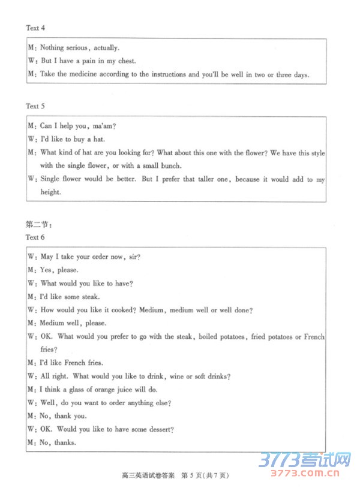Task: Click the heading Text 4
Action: pyautogui.click(x=35, y=28)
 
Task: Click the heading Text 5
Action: pyautogui.click(x=35, y=106)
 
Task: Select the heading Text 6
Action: pyautogui.click(x=35, y=237)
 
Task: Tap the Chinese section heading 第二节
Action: pyautogui.click(x=38, y=225)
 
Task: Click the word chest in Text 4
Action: pyautogui.click(x=127, y=61)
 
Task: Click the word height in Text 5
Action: pyautogui.click(x=50, y=192)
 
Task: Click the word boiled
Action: pyautogui.click(x=211, y=336)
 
